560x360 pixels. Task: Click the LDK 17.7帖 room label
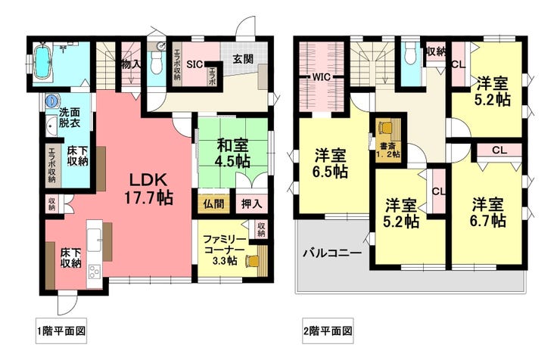point(149,189)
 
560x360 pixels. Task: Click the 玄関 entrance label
point(242,58)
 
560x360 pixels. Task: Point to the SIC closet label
point(193,64)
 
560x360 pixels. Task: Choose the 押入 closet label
point(252,203)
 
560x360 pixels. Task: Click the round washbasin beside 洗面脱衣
point(51,100)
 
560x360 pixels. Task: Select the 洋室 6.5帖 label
point(331,164)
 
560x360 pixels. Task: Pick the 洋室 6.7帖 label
point(488,212)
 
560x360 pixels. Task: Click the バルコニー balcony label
point(331,253)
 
